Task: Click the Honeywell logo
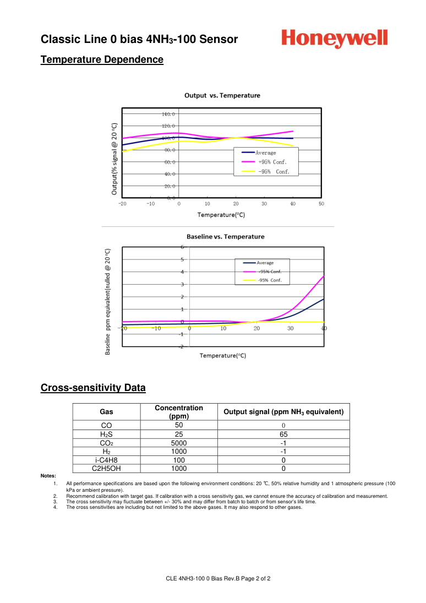click(335, 39)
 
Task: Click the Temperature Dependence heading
click(102, 59)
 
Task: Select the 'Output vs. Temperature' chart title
click(222, 95)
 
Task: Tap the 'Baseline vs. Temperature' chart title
click(225, 237)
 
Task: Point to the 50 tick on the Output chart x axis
click(321, 204)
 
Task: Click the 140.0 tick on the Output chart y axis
click(168, 114)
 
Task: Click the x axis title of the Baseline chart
click(222, 356)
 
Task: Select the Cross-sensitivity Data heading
click(93, 388)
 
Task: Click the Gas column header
click(106, 412)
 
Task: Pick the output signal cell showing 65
click(283, 434)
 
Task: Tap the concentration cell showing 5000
click(178, 443)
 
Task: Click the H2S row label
click(106, 434)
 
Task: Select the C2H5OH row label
click(106, 469)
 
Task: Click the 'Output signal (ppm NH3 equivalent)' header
click(283, 412)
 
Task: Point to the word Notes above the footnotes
click(48, 476)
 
